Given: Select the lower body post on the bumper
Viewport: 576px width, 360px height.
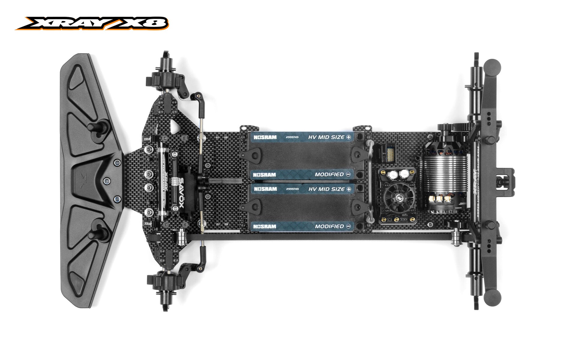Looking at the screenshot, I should [x=99, y=232].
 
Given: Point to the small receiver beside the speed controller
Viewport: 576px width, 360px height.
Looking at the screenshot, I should [x=388, y=153].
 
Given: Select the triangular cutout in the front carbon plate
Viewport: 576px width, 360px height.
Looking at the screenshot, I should [x=175, y=126].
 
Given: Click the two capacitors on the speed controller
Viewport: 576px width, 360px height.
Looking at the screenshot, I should [x=397, y=174].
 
